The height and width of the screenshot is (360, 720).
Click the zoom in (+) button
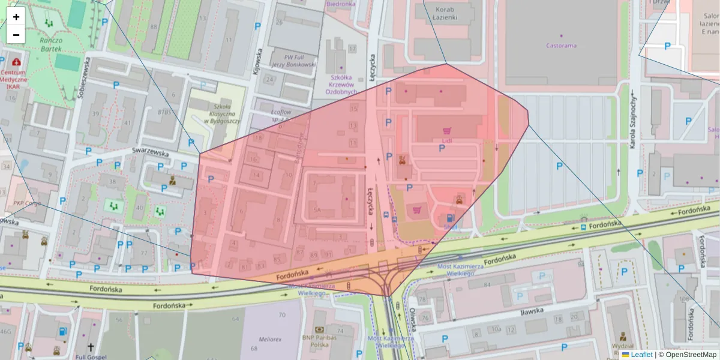point(16,16)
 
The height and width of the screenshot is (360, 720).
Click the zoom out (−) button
point(16,35)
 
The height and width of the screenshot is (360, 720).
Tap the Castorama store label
point(561,46)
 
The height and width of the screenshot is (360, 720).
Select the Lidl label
point(446,140)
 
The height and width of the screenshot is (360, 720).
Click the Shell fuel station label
point(450,228)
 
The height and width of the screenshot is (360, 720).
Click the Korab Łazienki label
point(445,14)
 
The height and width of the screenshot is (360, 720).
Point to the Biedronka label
point(341,4)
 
